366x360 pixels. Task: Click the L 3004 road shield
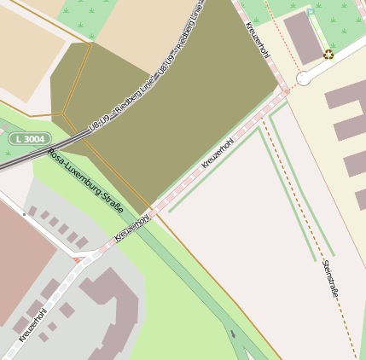coord(30,138)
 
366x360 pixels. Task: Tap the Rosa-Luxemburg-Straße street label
coord(85,181)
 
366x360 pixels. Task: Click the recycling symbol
coord(328,55)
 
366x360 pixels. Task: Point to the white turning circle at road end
coord(303,78)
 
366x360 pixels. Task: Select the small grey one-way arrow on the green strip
coord(233,334)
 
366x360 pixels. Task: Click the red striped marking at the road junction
coord(79,258)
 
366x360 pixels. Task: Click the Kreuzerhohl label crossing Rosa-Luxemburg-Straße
coord(131,229)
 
